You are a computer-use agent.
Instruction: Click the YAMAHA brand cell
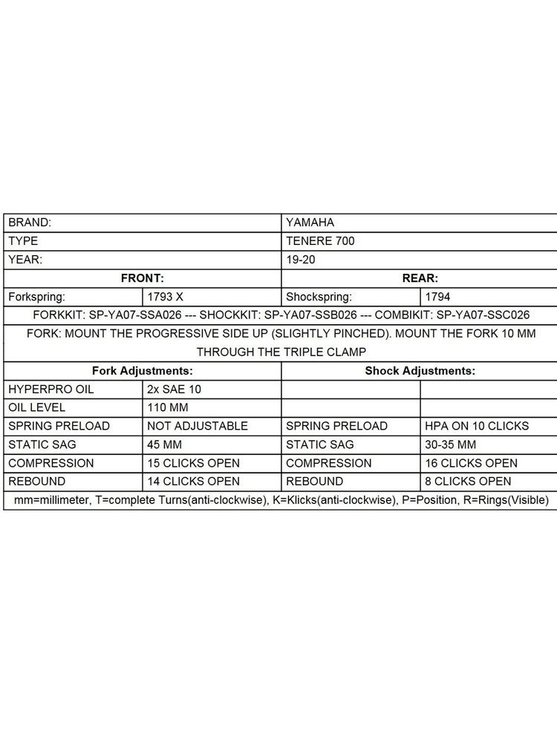pyautogui.click(x=310, y=222)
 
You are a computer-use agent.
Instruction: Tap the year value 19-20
pyautogui.click(x=300, y=260)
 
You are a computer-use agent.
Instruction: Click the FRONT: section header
pyautogui.click(x=142, y=278)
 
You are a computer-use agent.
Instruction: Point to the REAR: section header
pyautogui.click(x=420, y=278)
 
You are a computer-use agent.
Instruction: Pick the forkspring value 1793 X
pyautogui.click(x=166, y=296)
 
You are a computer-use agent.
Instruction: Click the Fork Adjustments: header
pyautogui.click(x=142, y=370)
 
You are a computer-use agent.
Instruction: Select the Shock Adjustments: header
pyautogui.click(x=420, y=370)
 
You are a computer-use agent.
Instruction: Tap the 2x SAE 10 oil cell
pyautogui.click(x=175, y=389)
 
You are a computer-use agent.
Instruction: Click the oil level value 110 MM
pyautogui.click(x=170, y=407)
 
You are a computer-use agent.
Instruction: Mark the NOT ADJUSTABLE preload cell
pyautogui.click(x=197, y=426)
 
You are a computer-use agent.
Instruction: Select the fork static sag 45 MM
pyautogui.click(x=166, y=444)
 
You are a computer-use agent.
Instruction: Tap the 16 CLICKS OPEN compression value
pyautogui.click(x=471, y=463)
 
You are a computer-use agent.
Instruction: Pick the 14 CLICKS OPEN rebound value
pyautogui.click(x=193, y=482)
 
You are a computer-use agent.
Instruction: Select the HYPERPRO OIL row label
pyautogui.click(x=51, y=389)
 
